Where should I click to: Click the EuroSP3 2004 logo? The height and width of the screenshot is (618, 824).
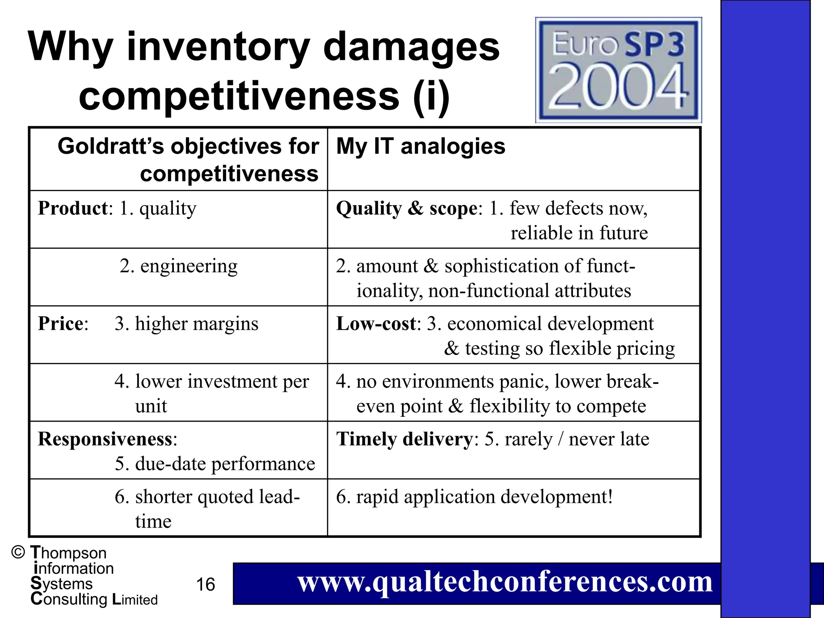click(618, 70)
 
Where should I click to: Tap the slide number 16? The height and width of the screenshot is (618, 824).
click(205, 584)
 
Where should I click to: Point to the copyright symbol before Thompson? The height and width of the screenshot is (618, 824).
click(18, 552)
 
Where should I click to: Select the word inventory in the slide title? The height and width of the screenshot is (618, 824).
click(218, 47)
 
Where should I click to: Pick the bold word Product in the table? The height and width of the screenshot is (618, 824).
click(73, 208)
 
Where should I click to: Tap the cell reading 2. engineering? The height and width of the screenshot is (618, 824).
click(179, 266)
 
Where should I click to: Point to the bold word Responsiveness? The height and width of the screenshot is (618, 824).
click(105, 439)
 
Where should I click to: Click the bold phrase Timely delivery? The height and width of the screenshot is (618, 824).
click(404, 439)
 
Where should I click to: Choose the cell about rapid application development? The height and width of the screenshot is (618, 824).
click(474, 497)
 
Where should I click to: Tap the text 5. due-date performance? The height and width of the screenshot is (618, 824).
click(215, 464)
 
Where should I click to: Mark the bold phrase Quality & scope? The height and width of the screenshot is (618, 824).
click(406, 208)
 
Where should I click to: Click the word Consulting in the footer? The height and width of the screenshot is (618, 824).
click(69, 599)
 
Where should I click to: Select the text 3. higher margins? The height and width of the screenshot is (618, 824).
click(186, 323)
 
